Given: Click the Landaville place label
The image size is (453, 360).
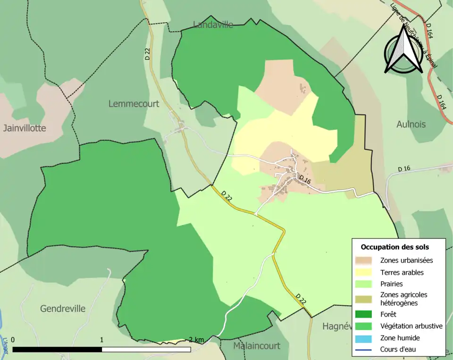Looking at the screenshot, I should click(x=213, y=25).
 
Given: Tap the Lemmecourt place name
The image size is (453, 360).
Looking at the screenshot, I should click(x=134, y=104).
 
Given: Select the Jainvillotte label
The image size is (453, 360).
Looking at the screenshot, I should click(x=26, y=128).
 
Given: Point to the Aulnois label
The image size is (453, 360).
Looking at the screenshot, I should click(x=411, y=125).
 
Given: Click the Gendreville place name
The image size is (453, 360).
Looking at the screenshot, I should click(x=63, y=309).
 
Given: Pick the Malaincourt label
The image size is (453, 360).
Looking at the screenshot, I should click(x=257, y=346).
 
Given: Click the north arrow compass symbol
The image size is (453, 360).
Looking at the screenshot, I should click(x=403, y=50).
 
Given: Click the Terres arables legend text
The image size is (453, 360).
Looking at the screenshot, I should click(x=402, y=272).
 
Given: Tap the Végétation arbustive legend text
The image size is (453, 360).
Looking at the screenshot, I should click(x=411, y=326).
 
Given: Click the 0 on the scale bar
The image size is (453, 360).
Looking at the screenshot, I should click(x=13, y=340).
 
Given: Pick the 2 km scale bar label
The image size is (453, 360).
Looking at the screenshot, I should click(x=196, y=340).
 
